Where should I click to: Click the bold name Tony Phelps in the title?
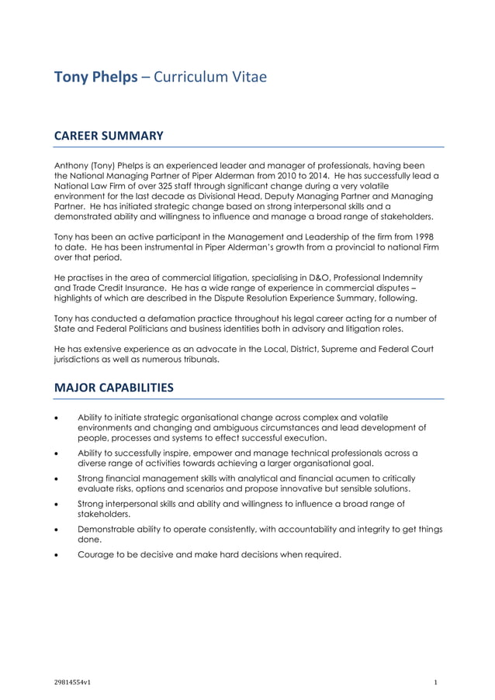click(x=96, y=78)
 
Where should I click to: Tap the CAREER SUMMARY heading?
click(x=108, y=136)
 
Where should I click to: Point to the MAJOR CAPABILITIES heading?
click(x=113, y=387)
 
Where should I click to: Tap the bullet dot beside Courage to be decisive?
click(x=57, y=554)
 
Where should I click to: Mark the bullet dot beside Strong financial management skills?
click(x=57, y=478)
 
